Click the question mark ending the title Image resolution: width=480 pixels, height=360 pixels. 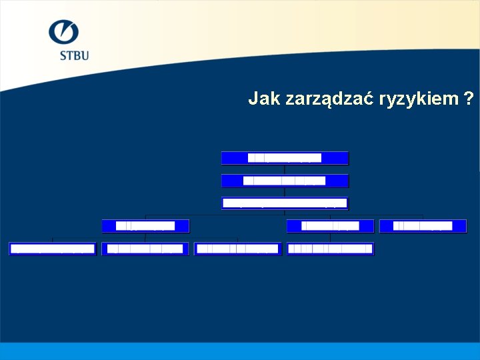[470, 99]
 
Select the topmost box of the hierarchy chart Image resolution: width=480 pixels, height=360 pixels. [285, 158]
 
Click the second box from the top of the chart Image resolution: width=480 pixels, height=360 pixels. [285, 181]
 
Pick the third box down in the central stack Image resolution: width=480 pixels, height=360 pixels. [285, 203]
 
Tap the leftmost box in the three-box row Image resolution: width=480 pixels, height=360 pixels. [145, 226]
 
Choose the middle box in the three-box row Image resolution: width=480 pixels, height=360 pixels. [330, 226]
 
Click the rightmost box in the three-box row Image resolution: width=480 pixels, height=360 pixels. [423, 226]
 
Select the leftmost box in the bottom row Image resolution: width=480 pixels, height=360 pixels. [53, 249]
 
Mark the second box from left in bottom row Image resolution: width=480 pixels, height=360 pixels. [145, 249]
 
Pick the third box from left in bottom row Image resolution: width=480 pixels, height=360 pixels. [238, 249]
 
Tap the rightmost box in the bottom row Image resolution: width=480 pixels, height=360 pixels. [331, 249]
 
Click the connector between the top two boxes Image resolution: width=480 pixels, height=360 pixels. [285, 169]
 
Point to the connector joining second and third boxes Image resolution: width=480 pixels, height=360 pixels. [285, 192]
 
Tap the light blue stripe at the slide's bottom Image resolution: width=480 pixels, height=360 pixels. [240, 351]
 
